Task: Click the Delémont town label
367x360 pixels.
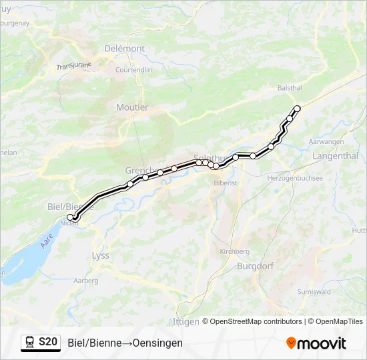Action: tap(124, 49)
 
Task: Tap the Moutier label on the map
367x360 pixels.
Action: tap(132, 107)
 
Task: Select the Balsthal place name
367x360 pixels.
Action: tap(290, 88)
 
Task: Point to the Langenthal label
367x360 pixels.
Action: tap(336, 156)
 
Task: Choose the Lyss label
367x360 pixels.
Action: tap(100, 256)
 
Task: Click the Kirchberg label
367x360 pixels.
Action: tap(234, 251)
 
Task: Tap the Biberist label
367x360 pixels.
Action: tap(226, 182)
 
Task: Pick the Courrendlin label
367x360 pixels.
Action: tap(133, 69)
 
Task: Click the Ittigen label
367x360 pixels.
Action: tap(186, 321)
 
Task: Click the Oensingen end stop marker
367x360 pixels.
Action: tap(297, 109)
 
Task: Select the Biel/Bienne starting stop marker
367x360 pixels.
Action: tap(70, 217)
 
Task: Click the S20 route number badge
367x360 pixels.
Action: tap(48, 343)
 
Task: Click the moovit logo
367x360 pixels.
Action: tap(316, 343)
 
